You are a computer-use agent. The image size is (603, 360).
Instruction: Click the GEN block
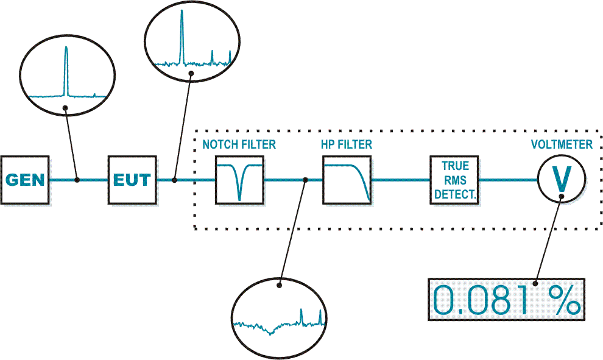click(25, 180)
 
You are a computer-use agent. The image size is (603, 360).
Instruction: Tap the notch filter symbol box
click(239, 179)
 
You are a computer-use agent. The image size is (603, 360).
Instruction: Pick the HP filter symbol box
click(347, 179)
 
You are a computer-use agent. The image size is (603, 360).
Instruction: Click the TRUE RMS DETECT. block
click(454, 179)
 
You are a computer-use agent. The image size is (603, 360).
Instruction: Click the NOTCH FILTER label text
click(239, 145)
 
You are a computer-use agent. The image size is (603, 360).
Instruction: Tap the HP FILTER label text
click(347, 145)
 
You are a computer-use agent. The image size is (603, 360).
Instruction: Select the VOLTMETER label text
click(562, 145)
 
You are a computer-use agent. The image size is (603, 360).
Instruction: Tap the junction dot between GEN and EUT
click(77, 180)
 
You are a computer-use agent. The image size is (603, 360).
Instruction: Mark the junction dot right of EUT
click(175, 180)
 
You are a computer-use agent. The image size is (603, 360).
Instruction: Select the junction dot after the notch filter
click(306, 180)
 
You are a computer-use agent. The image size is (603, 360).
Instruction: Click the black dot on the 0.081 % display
click(535, 283)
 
